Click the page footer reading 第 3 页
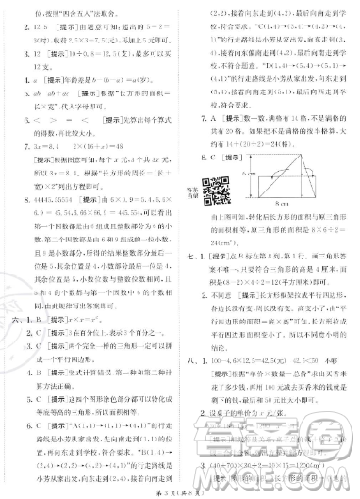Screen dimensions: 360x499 click(x=179, y=486)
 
